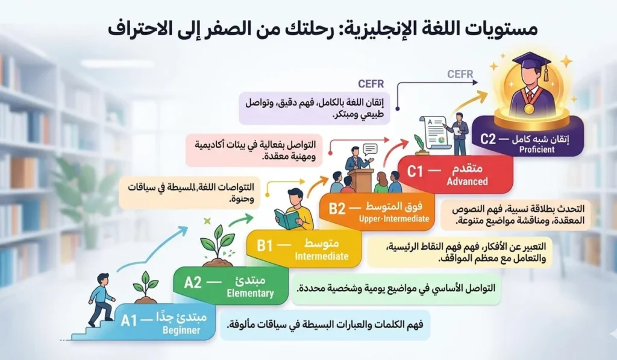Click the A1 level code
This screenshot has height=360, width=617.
click(x=129, y=320)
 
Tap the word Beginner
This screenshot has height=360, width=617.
click(x=181, y=330)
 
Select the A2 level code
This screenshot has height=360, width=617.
click(x=193, y=282)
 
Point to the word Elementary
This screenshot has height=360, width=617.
click(x=249, y=294)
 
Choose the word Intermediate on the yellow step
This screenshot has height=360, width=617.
click(x=322, y=256)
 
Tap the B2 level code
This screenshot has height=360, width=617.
click(x=337, y=209)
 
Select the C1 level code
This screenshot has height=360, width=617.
click(x=416, y=171)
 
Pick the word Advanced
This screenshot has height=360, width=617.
click(x=468, y=182)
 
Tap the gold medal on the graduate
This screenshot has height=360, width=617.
click(x=528, y=109)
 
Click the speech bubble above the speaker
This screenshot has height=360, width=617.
click(x=369, y=148)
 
